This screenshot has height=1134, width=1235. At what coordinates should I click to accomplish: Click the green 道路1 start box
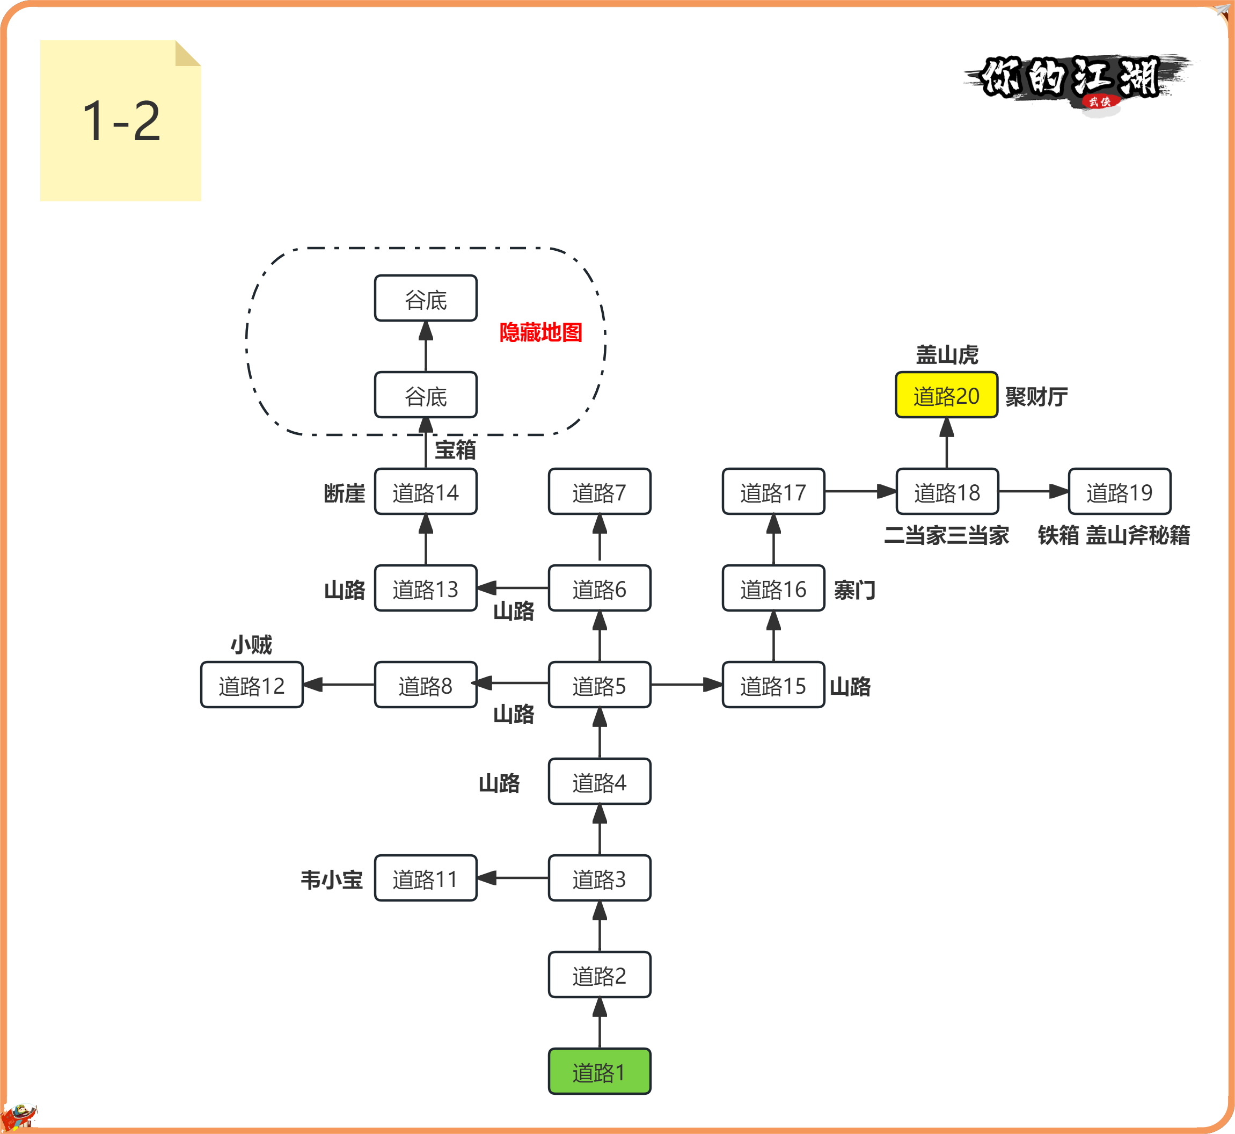(x=600, y=1071)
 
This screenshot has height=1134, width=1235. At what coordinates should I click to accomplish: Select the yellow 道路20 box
(x=947, y=395)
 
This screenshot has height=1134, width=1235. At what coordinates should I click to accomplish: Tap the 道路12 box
(x=252, y=685)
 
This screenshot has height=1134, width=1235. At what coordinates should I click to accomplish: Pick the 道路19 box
(x=1120, y=491)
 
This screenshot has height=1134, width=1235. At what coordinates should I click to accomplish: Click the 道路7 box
(x=600, y=491)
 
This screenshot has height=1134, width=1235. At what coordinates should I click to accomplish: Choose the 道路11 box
(x=426, y=878)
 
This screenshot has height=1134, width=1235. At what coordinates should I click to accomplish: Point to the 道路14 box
(x=426, y=491)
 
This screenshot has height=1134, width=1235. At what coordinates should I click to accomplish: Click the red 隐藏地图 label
(x=540, y=332)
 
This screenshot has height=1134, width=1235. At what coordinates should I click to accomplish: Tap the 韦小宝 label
(x=331, y=879)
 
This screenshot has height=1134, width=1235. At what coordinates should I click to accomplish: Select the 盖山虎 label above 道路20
(x=947, y=355)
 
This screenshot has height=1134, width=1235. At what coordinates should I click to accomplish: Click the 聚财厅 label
(x=1036, y=396)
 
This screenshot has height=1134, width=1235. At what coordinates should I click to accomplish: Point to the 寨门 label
(x=854, y=590)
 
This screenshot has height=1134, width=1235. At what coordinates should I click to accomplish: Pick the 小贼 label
(x=252, y=644)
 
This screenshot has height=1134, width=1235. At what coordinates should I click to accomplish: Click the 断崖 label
(x=345, y=493)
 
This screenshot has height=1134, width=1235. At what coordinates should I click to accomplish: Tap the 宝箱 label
(x=455, y=449)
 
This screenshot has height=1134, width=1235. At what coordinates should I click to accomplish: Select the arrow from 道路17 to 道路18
(x=860, y=491)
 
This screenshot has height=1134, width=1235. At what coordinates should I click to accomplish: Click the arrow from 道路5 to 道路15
(x=686, y=684)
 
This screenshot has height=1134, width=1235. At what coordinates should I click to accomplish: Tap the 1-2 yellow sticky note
(x=121, y=120)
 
